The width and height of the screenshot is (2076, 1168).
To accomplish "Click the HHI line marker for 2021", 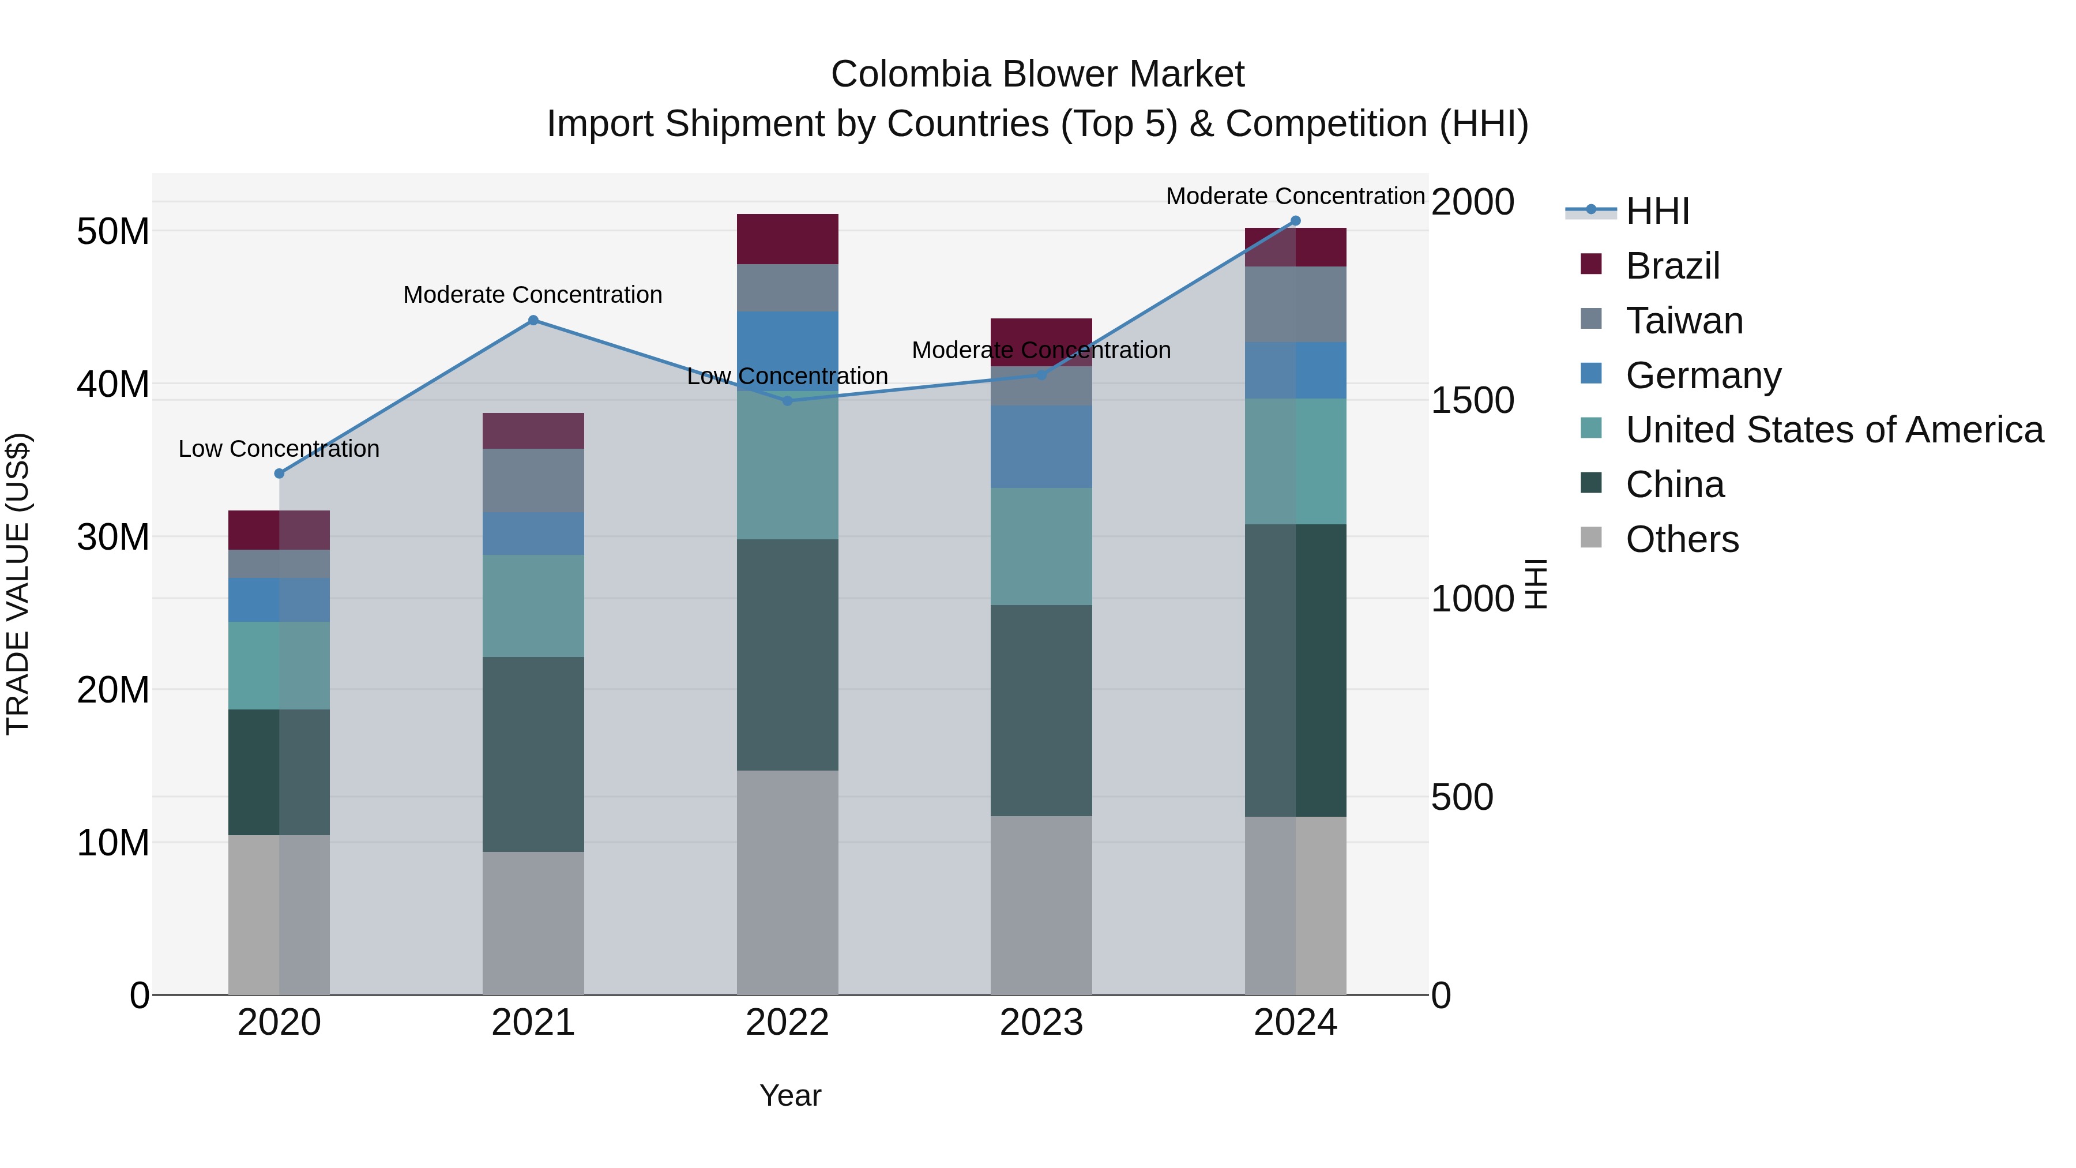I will tap(533, 320).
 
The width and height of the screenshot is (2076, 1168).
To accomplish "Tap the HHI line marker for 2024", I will tap(1295, 221).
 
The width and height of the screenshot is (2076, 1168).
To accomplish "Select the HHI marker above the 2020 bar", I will tap(279, 473).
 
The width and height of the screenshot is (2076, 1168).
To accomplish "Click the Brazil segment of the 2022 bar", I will tap(787, 239).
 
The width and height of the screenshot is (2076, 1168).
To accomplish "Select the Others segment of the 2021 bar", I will tap(533, 922).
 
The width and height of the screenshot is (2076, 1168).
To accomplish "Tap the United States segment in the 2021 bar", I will tap(533, 606).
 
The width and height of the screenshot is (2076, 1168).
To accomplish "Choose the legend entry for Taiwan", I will tap(1684, 321).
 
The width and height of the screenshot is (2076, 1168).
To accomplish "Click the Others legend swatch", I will tap(1591, 537).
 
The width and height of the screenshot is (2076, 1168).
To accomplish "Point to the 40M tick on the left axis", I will tap(113, 384).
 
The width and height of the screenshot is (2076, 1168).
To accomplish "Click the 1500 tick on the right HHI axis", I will tap(1472, 401).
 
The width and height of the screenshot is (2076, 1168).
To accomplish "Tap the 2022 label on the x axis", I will tap(787, 1023).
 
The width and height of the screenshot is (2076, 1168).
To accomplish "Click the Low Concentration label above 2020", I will tap(279, 448).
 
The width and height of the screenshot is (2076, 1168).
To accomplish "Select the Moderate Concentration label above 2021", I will tap(533, 295).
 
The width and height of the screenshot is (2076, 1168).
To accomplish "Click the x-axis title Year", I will tap(790, 1095).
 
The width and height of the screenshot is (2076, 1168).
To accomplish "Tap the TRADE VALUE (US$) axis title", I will tap(18, 584).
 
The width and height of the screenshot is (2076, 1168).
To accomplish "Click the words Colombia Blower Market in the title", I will tap(1037, 74).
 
